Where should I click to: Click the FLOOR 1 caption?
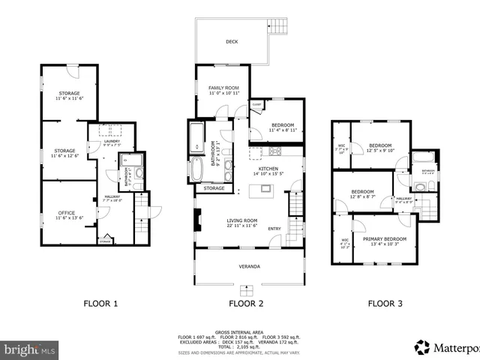100,304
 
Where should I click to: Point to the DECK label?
232,42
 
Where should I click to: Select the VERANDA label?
250,266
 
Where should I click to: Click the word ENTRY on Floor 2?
274,229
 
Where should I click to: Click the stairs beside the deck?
279,25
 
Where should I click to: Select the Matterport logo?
445,347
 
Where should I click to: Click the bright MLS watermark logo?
30,349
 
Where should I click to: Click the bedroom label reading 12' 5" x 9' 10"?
380,148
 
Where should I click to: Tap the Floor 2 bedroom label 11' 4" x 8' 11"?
283,127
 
